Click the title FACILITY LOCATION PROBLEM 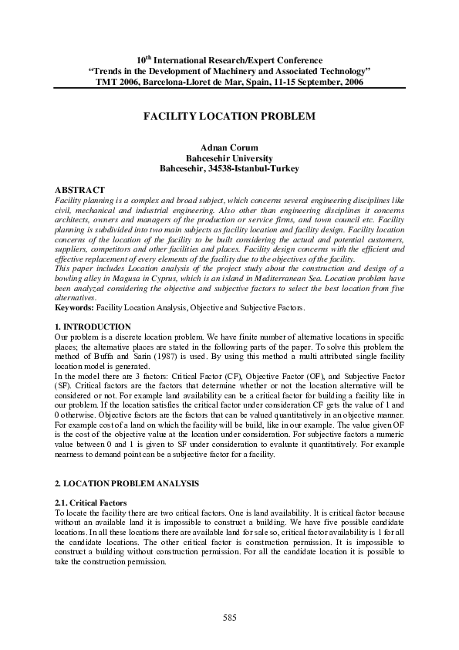[229, 115]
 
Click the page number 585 [229, 618]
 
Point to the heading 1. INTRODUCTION [93, 327]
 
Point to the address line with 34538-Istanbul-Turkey [229, 167]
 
